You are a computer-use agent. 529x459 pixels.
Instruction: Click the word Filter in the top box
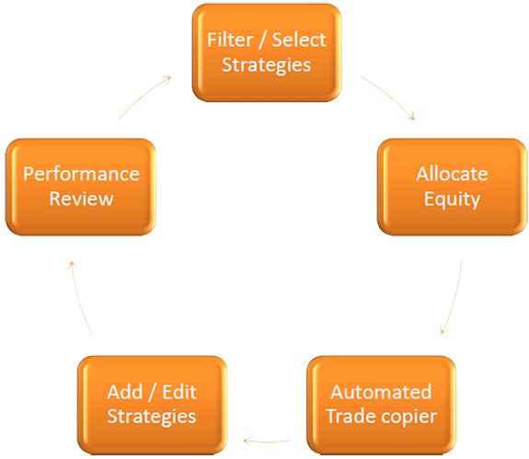coord(230,40)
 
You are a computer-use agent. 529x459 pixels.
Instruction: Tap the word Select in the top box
coord(299,40)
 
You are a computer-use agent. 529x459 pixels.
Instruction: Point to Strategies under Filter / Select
coord(267,65)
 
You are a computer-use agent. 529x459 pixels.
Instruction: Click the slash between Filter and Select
coord(262,40)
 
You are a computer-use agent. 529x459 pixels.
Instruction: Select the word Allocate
coord(452,174)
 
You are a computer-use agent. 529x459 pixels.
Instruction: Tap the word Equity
coord(452,200)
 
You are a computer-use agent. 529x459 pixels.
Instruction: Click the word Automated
coord(381,392)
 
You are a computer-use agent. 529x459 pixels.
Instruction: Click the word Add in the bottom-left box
coord(125,392)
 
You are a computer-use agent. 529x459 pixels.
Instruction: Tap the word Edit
coord(179,392)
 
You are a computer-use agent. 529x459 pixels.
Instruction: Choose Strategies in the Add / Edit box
coord(152,417)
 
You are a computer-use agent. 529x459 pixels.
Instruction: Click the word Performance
coord(81,175)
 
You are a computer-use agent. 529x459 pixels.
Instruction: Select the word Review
coord(81,199)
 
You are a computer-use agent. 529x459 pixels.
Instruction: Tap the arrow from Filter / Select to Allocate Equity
coord(391,96)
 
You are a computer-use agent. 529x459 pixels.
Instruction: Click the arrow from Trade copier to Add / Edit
coord(267,442)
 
